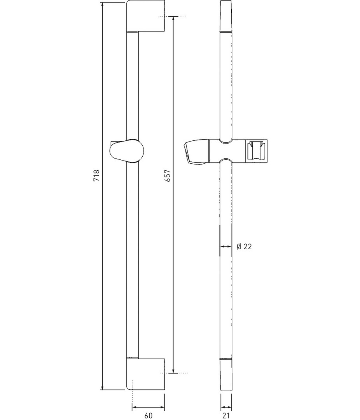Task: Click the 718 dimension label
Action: (96, 175)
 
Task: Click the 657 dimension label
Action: (168, 175)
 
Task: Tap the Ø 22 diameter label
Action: (244, 247)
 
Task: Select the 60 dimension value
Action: (148, 415)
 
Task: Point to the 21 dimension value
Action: (226, 415)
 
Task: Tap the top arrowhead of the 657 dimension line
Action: (173, 19)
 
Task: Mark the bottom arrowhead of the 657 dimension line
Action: (173, 371)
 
